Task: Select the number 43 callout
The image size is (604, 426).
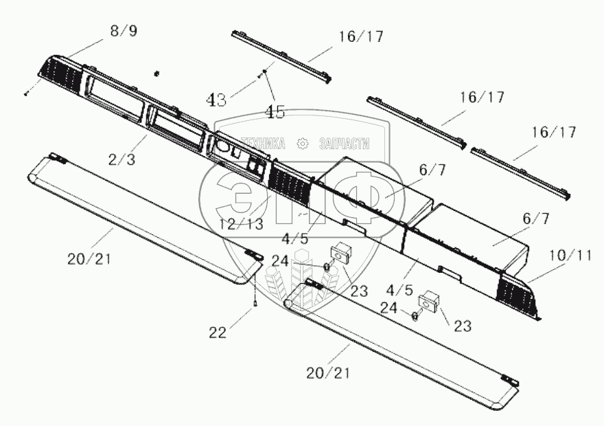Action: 217,100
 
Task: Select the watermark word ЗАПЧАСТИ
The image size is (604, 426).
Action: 345,144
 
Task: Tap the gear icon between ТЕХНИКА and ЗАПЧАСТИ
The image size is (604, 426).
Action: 302,144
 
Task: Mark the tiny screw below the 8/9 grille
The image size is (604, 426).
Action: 25,94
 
